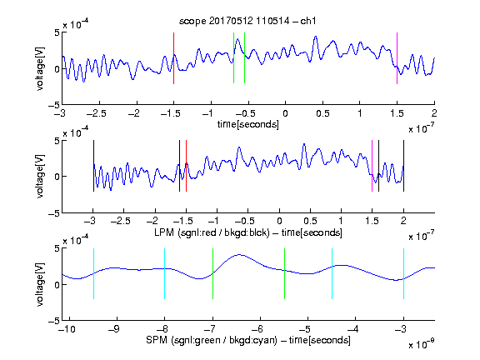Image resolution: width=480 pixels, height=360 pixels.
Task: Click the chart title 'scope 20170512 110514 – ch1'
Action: point(247,21)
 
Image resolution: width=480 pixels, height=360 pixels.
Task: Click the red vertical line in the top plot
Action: point(173,58)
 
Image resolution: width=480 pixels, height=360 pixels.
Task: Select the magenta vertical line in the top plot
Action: point(397,58)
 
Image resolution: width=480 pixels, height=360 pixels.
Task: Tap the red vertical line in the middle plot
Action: point(186,166)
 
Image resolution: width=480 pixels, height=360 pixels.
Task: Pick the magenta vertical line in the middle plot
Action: point(372,166)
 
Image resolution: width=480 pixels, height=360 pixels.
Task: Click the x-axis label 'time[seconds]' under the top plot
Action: point(248,124)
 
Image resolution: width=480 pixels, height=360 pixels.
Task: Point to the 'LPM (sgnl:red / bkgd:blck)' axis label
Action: point(212,232)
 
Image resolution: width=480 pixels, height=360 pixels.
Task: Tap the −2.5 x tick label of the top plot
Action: point(97,113)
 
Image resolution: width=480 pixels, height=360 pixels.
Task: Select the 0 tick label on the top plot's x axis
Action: point(285,113)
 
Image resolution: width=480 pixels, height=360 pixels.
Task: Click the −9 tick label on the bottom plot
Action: point(114,329)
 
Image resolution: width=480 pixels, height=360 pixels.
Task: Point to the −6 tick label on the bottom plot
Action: point(259,329)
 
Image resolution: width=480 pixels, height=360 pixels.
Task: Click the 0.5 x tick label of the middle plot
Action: point(310,221)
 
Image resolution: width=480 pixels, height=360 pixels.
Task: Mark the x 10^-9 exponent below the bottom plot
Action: point(421,344)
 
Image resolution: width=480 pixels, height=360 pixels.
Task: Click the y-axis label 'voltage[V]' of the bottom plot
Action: point(40,284)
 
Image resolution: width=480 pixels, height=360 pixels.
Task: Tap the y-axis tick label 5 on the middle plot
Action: point(57,141)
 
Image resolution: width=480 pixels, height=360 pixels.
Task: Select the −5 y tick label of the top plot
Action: point(54,105)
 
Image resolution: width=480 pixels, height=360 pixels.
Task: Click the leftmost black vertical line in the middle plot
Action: point(93,166)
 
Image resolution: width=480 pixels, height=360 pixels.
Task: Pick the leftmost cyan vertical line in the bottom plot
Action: point(93,273)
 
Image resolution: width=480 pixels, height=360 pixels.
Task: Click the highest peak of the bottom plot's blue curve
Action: point(240,255)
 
